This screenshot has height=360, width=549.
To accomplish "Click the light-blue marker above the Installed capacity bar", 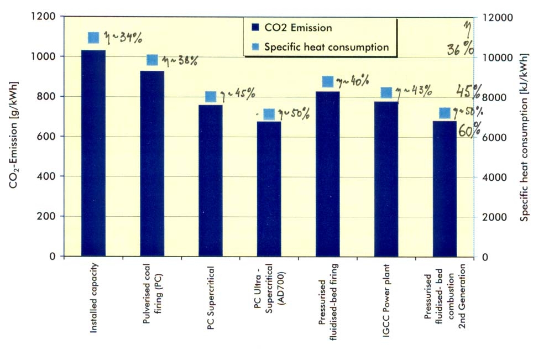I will coord(93,38).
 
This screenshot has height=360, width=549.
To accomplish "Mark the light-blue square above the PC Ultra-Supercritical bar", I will coord(269,114).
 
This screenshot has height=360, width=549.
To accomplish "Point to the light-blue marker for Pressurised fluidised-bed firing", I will coord(327,82).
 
